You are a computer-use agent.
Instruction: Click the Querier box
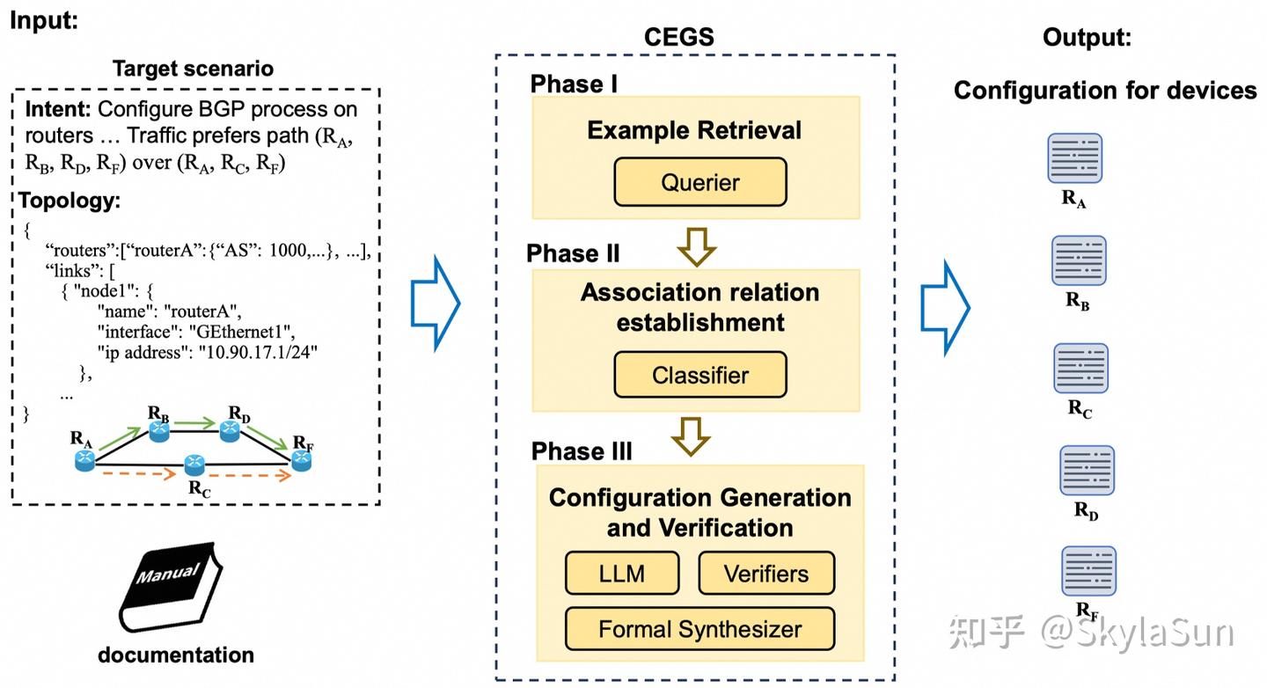699,182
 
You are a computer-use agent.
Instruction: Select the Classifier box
699,375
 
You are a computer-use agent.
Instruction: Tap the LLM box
622,574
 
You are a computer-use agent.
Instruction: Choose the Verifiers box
765,574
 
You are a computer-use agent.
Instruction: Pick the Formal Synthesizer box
699,629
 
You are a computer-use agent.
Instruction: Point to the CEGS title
678,37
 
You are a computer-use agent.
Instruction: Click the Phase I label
573,84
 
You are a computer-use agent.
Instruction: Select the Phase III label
582,451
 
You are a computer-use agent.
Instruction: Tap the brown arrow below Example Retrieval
695,247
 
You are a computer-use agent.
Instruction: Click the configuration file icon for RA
1074,158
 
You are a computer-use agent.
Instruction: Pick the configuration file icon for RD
1087,471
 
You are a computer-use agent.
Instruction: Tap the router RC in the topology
194,464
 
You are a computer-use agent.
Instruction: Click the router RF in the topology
302,458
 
